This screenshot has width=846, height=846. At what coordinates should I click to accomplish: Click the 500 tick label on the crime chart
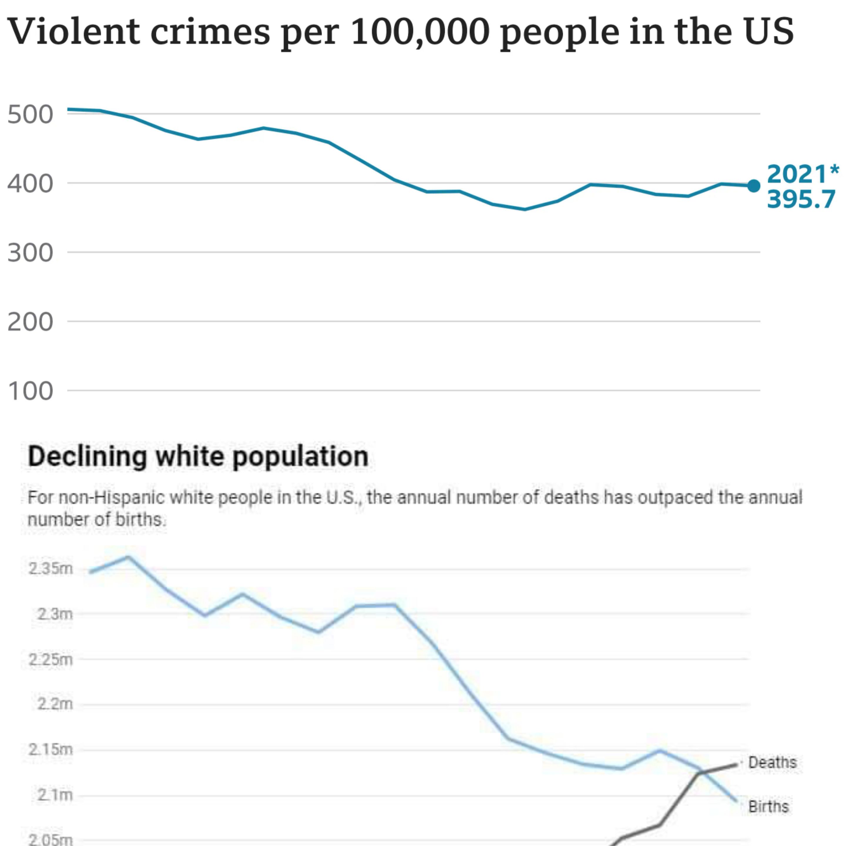pos(30,115)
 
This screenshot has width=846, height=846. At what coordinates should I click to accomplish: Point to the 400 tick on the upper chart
pos(30,184)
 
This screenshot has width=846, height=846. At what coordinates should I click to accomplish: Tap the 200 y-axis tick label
pos(30,322)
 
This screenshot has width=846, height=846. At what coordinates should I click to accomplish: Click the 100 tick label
pos(30,391)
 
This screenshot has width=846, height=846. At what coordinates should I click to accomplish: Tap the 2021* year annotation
pos(803,174)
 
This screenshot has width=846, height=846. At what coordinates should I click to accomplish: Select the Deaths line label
pos(772,762)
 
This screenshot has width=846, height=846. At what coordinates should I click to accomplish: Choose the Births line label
pos(768,807)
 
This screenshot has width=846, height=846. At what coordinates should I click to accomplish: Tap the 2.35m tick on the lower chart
pos(50,569)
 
